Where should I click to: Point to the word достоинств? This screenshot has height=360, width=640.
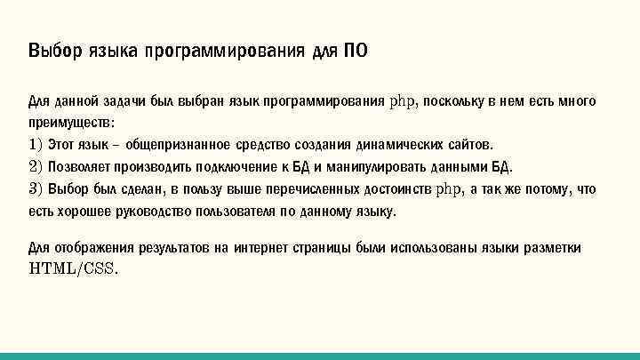point(398,189)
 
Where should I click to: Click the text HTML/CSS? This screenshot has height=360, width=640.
point(74,268)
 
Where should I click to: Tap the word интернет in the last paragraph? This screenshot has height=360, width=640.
point(267,248)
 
